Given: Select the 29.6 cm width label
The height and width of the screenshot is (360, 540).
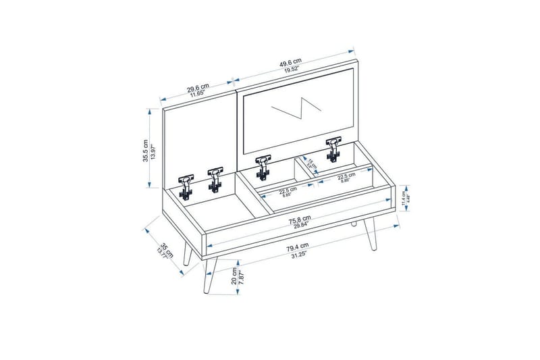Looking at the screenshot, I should [198, 87].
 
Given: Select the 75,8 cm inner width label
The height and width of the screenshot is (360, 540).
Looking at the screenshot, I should [296, 218].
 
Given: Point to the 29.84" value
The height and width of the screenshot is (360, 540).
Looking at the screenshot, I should [297, 226].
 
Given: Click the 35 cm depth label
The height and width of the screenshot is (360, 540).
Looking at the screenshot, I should [156, 248].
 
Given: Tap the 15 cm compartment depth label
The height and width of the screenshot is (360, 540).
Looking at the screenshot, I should [311, 163].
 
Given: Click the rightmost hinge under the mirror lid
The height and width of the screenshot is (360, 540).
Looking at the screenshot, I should [333, 149].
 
